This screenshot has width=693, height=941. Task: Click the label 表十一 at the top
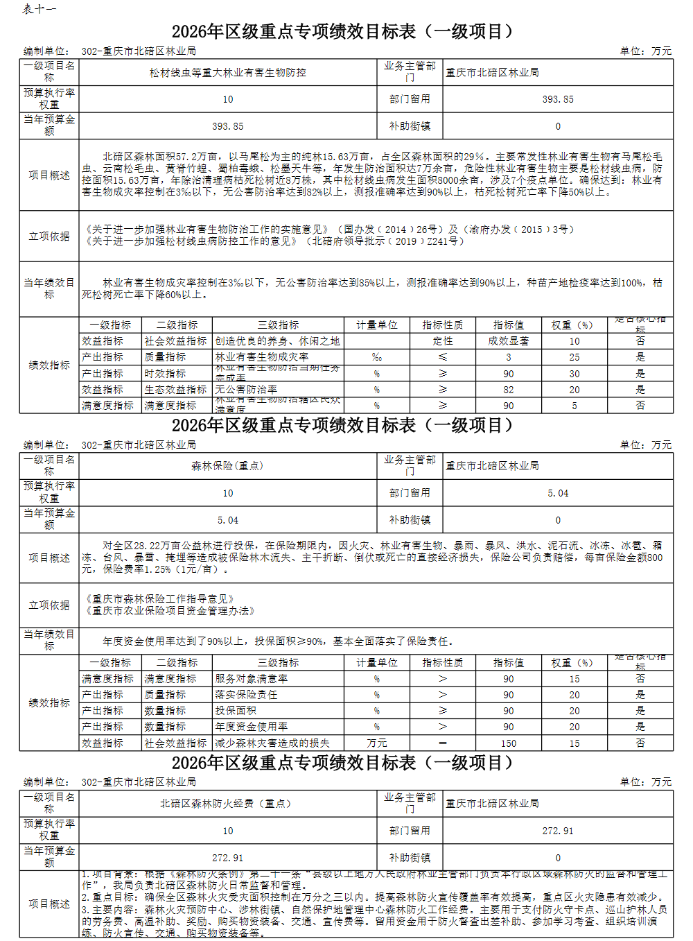(x=39, y=9)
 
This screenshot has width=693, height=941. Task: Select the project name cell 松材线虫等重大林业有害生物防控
(x=228, y=72)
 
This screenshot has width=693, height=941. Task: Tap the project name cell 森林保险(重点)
(x=228, y=466)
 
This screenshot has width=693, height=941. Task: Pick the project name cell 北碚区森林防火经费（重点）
(x=228, y=803)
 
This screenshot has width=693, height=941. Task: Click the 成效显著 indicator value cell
(x=508, y=341)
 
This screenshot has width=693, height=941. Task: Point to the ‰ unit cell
(x=377, y=357)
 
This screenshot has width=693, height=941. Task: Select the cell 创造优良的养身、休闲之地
(x=277, y=341)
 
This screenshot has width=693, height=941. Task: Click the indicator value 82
(x=508, y=390)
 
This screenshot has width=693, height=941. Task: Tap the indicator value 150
(x=508, y=743)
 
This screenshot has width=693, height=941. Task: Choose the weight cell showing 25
(x=574, y=357)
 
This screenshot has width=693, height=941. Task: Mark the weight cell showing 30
(x=574, y=374)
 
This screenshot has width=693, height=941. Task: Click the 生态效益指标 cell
(x=175, y=390)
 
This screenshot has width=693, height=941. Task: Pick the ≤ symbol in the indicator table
(x=443, y=357)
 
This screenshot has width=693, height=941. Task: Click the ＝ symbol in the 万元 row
(x=443, y=743)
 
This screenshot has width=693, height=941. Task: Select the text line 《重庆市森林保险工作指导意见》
(x=160, y=599)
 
